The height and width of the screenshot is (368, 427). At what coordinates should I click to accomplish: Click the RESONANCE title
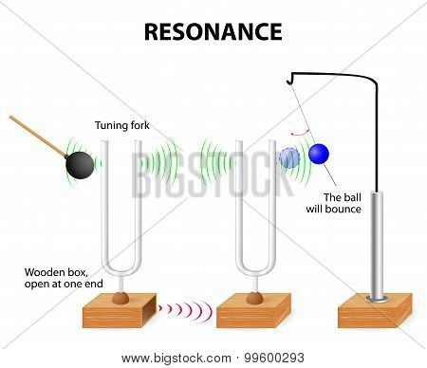(x=213, y=31)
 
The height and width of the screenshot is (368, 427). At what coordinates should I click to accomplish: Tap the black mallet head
(x=80, y=165)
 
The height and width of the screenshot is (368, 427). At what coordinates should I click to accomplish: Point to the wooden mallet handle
(x=38, y=137)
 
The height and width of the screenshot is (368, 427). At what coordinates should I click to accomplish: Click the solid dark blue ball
(x=319, y=154)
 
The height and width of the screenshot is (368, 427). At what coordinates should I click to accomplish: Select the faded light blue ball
(x=289, y=158)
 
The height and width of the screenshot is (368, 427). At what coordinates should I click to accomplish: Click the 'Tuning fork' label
(x=122, y=125)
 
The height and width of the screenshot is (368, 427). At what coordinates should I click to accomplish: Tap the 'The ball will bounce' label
(x=334, y=203)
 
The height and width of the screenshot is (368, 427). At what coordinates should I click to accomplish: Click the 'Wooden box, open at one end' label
(x=64, y=278)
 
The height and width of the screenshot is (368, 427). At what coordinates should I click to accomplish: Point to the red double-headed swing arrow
(x=300, y=133)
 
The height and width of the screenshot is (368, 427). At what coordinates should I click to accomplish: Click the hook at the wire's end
(x=289, y=79)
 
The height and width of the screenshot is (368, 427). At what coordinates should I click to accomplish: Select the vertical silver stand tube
(x=377, y=245)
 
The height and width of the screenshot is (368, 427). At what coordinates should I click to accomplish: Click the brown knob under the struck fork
(x=121, y=298)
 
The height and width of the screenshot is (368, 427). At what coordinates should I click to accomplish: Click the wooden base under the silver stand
(x=375, y=311)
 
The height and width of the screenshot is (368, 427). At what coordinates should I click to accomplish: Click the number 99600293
(x=274, y=359)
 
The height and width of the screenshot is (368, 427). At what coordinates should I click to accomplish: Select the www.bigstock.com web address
(x=176, y=359)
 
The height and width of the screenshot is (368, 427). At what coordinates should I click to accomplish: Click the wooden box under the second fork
(x=253, y=311)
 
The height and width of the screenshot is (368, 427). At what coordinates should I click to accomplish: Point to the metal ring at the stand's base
(x=377, y=299)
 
